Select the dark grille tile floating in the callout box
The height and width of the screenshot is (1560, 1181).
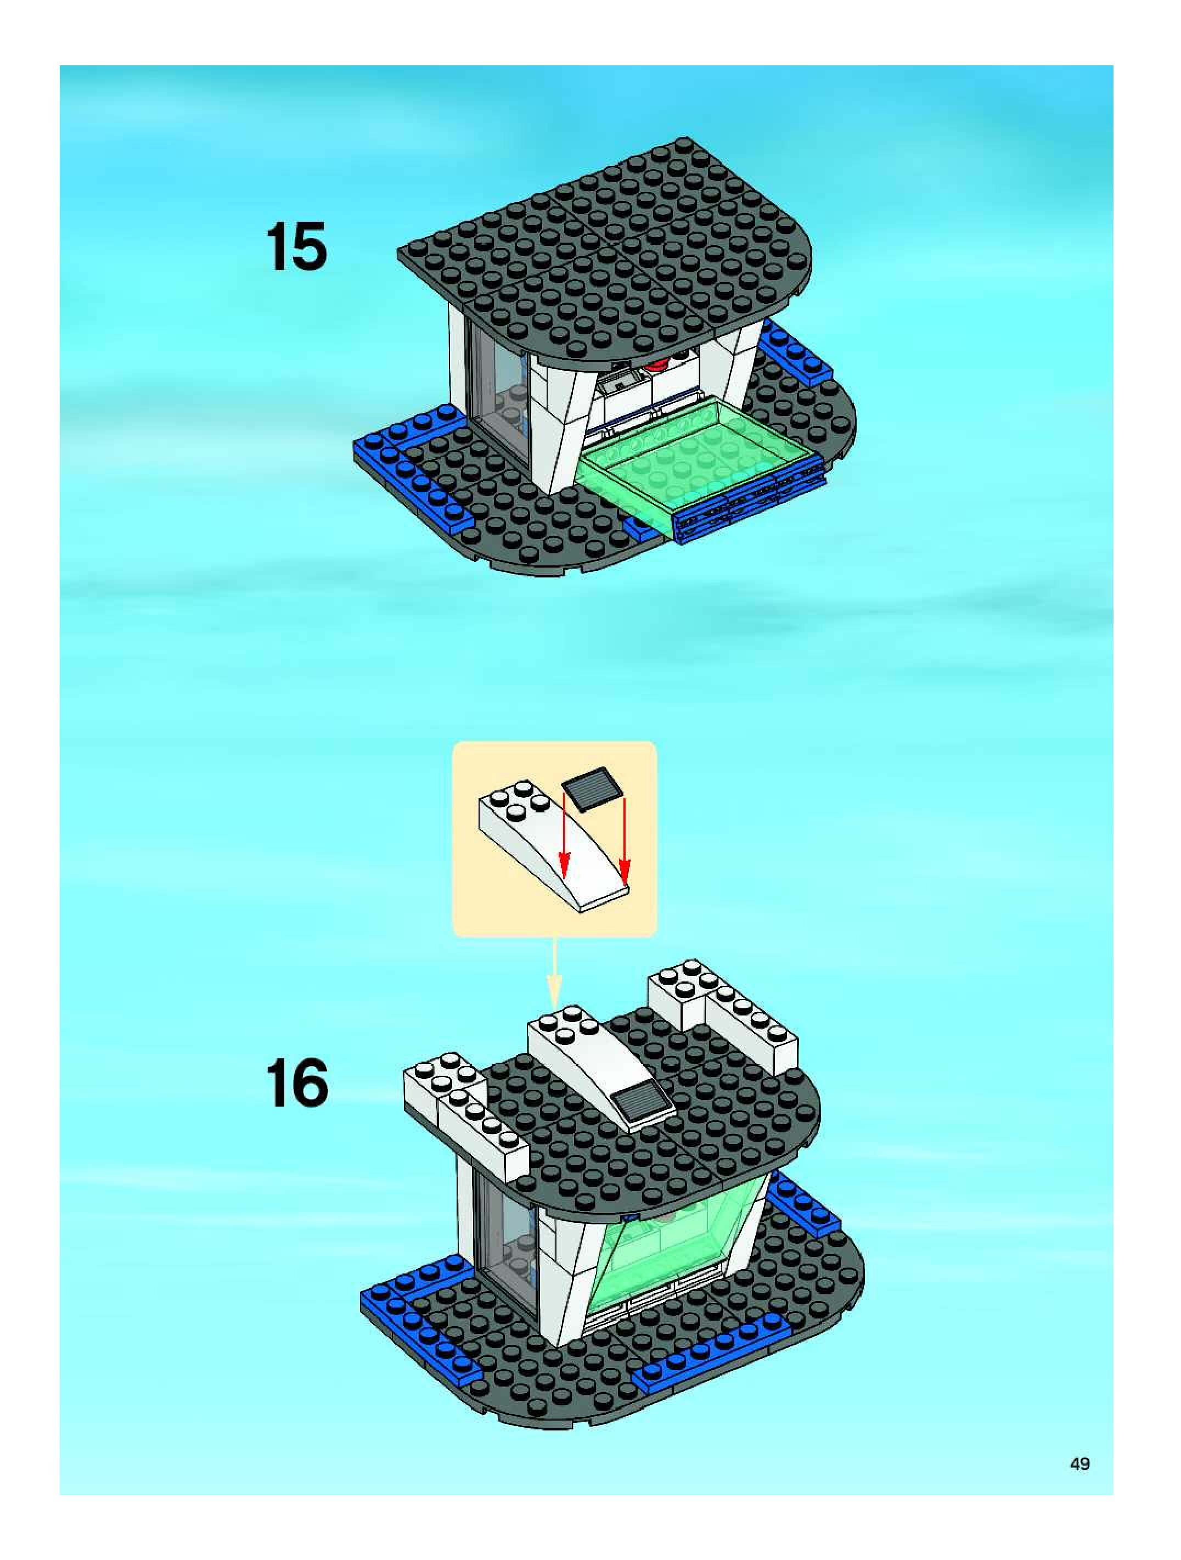[592, 787]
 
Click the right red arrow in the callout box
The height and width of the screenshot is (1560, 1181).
[625, 840]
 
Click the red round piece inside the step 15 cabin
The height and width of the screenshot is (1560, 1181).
[660, 364]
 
